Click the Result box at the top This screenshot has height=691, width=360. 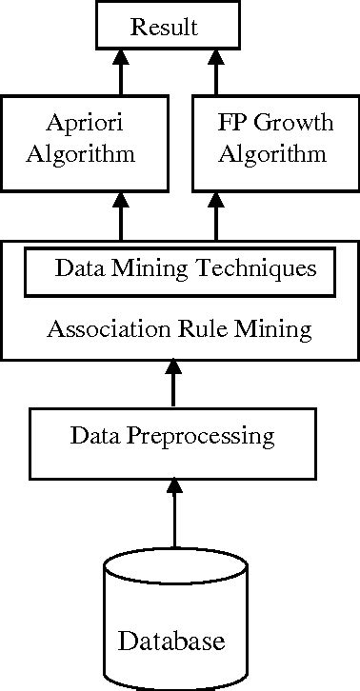[165, 27]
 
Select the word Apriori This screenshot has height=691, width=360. [82, 124]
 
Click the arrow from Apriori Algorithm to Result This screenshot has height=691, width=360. [120, 73]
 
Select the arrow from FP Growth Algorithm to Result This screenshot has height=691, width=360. [215, 73]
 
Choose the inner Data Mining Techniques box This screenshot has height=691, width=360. [181, 270]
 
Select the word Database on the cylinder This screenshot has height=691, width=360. [172, 640]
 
